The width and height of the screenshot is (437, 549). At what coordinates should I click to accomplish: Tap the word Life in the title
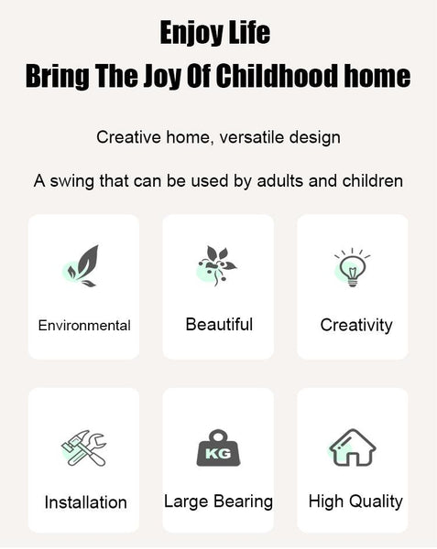click(250, 32)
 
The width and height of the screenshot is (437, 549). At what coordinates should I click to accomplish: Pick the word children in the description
click(373, 181)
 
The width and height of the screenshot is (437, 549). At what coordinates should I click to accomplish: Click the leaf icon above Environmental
click(82, 266)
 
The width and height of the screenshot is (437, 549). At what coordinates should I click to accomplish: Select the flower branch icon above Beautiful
click(216, 265)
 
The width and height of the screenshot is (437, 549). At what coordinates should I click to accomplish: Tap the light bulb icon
click(352, 268)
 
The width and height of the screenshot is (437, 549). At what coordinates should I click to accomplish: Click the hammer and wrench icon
click(83, 448)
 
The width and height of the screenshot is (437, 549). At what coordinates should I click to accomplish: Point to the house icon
click(352, 447)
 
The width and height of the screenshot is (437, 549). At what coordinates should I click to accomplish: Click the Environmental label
click(84, 326)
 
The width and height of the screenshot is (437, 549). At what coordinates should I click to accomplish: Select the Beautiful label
click(219, 324)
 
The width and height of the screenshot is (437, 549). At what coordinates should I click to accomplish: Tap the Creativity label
click(356, 326)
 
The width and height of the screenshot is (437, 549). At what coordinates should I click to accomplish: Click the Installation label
click(85, 502)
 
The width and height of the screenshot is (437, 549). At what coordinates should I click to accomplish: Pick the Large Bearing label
click(218, 501)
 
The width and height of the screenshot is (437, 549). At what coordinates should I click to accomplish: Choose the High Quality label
click(355, 501)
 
